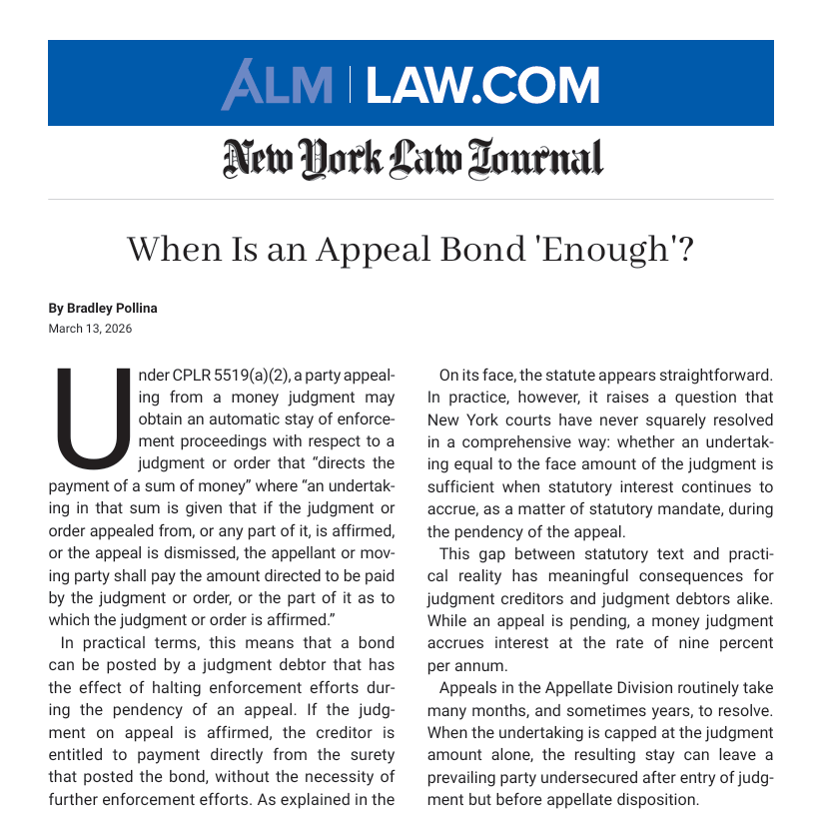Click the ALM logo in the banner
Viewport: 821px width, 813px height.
point(277,85)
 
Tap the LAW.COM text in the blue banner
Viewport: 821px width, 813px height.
point(482,85)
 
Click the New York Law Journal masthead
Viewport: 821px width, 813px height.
point(412,158)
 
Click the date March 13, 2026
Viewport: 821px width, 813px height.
point(90,329)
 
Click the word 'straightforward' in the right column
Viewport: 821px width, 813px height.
point(715,376)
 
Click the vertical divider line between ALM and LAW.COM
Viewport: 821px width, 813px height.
point(350,85)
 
